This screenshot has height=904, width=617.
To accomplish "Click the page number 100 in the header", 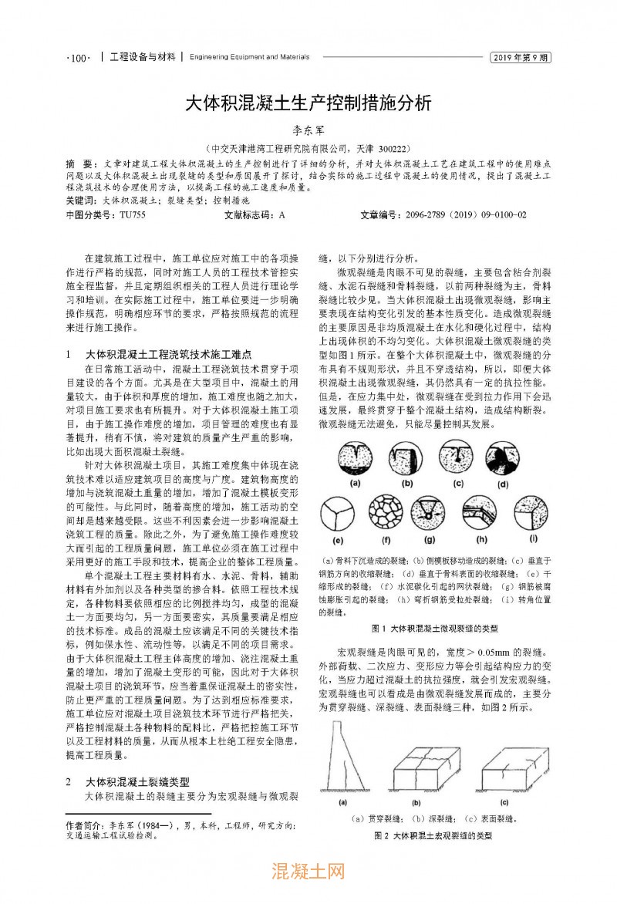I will (x=79, y=57).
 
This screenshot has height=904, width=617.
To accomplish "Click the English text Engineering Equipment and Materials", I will (x=249, y=57).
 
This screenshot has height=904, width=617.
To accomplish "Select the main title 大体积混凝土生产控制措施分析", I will (x=308, y=103).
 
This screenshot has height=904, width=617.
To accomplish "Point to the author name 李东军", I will (x=308, y=132).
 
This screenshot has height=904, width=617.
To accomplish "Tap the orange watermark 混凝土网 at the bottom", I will (x=308, y=873).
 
